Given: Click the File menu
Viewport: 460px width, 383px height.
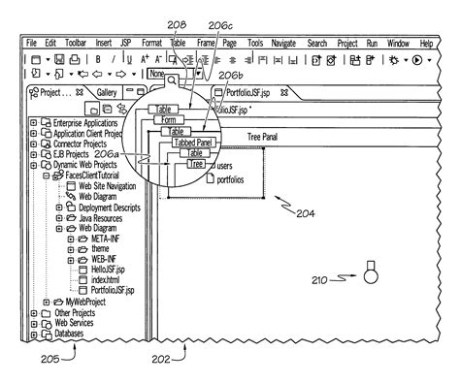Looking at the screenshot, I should click(x=31, y=44).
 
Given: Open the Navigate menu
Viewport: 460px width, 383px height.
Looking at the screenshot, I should click(x=284, y=44).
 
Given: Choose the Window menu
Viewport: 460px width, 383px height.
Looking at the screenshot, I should click(x=397, y=44).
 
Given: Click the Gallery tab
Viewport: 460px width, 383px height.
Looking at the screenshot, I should click(x=108, y=92).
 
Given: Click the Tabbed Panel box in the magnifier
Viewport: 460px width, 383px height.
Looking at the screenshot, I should click(x=192, y=143).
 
